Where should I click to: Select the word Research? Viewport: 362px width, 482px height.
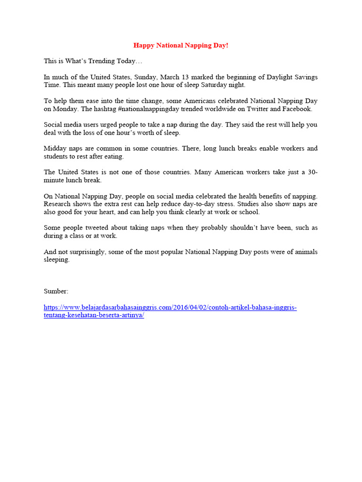click(58, 204)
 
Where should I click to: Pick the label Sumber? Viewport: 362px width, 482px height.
click(56, 291)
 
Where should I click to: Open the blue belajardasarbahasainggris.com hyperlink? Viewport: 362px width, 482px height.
click(170, 307)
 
